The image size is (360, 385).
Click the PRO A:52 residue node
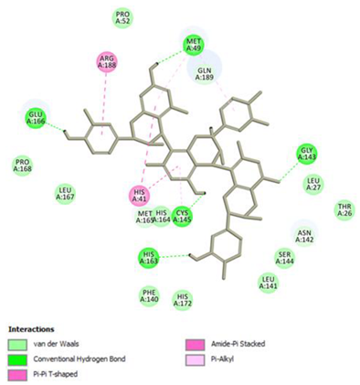pyautogui.click(x=122, y=16)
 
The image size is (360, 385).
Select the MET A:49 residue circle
pyautogui.click(x=194, y=44)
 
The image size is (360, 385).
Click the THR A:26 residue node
pyautogui.click(x=344, y=210)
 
